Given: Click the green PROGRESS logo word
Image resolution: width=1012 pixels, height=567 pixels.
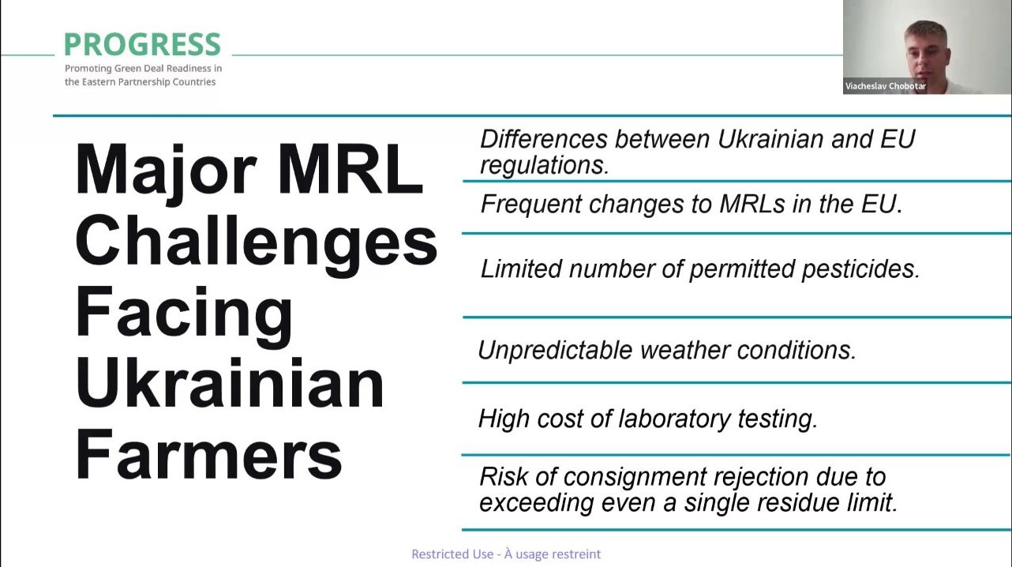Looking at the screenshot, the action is tap(142, 44).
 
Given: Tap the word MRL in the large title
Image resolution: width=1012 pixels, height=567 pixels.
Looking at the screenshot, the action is tap(350, 170).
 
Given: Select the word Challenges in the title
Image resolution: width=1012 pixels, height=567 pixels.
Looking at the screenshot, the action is tap(257, 241).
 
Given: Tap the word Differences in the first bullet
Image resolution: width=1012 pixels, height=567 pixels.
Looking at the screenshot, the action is tap(544, 139).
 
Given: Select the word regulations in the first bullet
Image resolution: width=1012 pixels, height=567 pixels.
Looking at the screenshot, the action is tap(545, 166).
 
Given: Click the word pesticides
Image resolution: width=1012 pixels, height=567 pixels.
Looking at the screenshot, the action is tap(860, 269).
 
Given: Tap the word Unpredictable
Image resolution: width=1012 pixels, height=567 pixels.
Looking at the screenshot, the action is tap(555, 350).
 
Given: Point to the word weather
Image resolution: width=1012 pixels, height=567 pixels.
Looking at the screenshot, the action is tap(685, 351).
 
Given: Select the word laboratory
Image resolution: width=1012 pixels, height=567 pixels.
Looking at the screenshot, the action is tap(674, 419).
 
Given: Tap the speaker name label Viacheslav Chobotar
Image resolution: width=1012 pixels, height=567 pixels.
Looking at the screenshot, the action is tap(886, 86).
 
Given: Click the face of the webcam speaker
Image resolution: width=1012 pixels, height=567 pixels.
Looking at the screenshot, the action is tap(924, 55).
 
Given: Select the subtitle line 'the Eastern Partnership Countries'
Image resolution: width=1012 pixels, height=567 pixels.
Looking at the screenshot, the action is tap(140, 82).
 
